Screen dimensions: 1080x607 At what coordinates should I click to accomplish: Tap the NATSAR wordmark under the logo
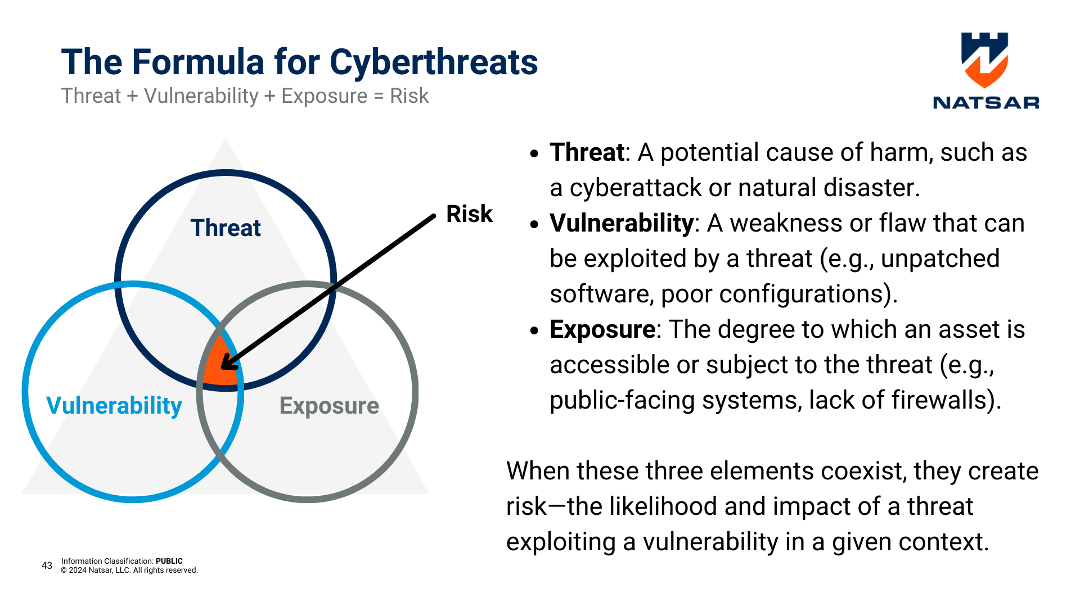point(986,103)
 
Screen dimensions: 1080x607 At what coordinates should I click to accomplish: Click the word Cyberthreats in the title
point(434,62)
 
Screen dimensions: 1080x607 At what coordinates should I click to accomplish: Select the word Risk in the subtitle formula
point(409,96)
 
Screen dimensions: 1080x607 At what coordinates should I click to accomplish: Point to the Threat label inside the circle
point(226,228)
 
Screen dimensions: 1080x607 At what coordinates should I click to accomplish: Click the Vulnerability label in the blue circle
point(114,406)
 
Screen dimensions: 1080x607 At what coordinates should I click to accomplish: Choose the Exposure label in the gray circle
point(329,406)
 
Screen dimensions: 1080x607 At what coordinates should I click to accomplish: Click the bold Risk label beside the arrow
point(469,214)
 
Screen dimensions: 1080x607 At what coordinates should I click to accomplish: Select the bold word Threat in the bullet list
point(587,152)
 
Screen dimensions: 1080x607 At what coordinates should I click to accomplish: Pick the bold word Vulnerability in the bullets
point(622,224)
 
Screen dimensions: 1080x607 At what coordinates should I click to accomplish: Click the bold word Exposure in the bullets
point(602,330)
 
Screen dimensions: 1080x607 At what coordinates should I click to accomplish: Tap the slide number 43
point(47,565)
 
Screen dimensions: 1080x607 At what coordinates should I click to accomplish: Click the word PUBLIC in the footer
point(169,561)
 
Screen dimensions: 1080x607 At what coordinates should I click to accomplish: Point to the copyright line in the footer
point(129,570)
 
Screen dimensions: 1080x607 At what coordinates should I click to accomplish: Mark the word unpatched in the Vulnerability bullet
point(940,259)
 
